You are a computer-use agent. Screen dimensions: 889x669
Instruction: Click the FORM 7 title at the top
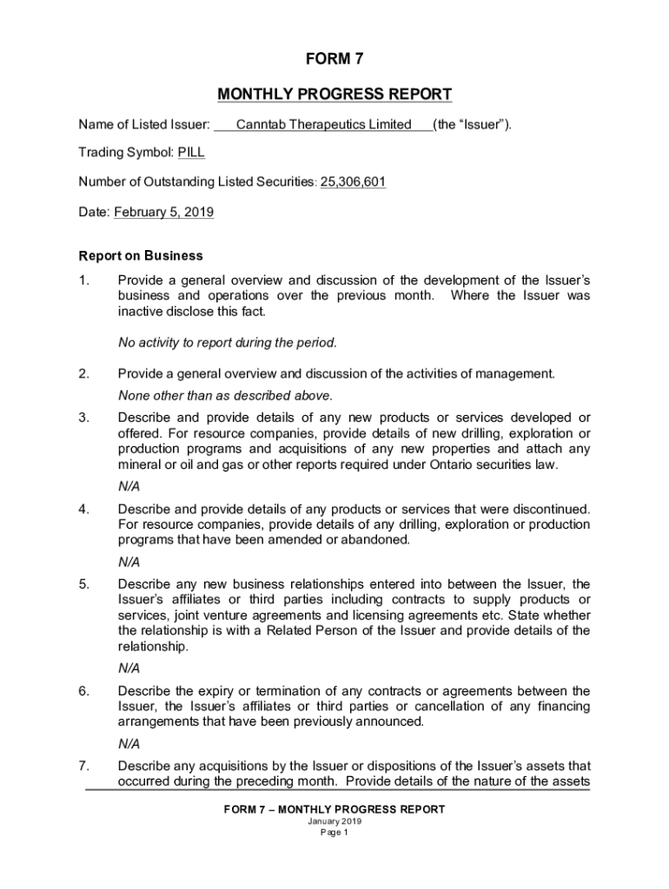coord(334,59)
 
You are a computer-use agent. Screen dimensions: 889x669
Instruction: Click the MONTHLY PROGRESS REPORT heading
coord(334,94)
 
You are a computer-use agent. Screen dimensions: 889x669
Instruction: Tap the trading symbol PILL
coord(191,154)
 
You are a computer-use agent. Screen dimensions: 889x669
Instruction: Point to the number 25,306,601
coord(354,182)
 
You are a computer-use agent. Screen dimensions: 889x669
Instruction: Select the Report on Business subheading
coord(141,256)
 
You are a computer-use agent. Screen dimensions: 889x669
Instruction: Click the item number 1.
coord(83,280)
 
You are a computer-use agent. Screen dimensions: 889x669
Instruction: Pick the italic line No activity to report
coord(227,343)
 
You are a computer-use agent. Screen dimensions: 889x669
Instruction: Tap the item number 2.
coord(83,374)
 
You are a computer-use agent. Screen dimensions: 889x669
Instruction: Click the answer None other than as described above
coord(225,396)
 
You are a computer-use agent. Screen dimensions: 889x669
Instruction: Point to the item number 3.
coord(83,418)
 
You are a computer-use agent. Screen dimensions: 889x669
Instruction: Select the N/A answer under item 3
coord(129,486)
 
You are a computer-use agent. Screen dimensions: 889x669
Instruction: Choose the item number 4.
coord(83,509)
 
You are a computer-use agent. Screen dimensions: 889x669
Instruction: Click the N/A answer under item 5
coord(129,668)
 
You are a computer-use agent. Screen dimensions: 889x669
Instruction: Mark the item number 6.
coord(83,691)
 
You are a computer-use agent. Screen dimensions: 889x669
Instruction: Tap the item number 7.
coord(83,767)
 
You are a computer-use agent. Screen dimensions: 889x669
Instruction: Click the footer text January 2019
coord(334,821)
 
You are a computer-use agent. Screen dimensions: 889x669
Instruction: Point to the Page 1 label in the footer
coord(334,833)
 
